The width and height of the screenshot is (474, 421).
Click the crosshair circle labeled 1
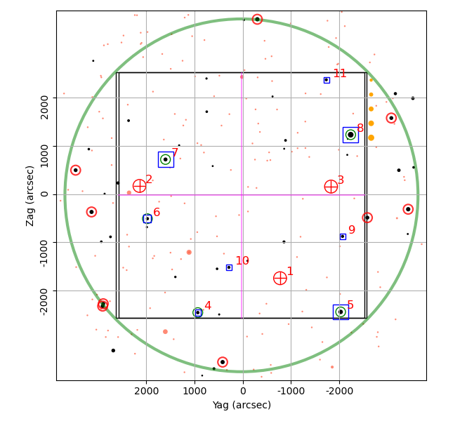(280, 278)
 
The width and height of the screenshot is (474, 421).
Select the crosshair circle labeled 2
(139, 186)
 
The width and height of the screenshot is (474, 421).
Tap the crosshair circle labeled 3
(331, 187)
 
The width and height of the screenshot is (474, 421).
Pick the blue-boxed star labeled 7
(166, 159)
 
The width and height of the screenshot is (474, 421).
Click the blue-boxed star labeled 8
(350, 135)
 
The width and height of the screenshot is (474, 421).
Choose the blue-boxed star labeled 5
(341, 312)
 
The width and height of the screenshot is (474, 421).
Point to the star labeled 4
(198, 312)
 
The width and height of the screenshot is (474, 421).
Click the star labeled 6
(147, 219)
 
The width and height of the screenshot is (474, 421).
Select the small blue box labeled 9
(343, 236)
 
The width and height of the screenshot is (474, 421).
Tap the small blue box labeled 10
(229, 267)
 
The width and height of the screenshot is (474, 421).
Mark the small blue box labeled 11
(327, 80)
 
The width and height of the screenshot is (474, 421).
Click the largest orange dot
(371, 138)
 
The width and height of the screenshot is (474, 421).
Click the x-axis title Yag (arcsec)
(242, 405)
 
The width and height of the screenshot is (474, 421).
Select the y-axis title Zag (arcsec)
(30, 196)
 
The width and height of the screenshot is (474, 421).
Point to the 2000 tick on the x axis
(147, 391)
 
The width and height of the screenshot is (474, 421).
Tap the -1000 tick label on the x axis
(291, 391)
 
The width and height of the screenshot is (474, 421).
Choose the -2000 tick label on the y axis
(44, 302)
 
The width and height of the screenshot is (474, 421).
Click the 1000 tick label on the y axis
(44, 156)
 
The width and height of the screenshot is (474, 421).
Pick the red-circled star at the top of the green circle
(257, 20)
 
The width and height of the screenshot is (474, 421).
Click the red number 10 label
(242, 260)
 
